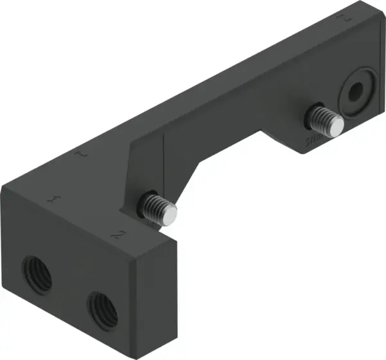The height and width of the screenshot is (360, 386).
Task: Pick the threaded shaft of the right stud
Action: coord(322,119)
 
